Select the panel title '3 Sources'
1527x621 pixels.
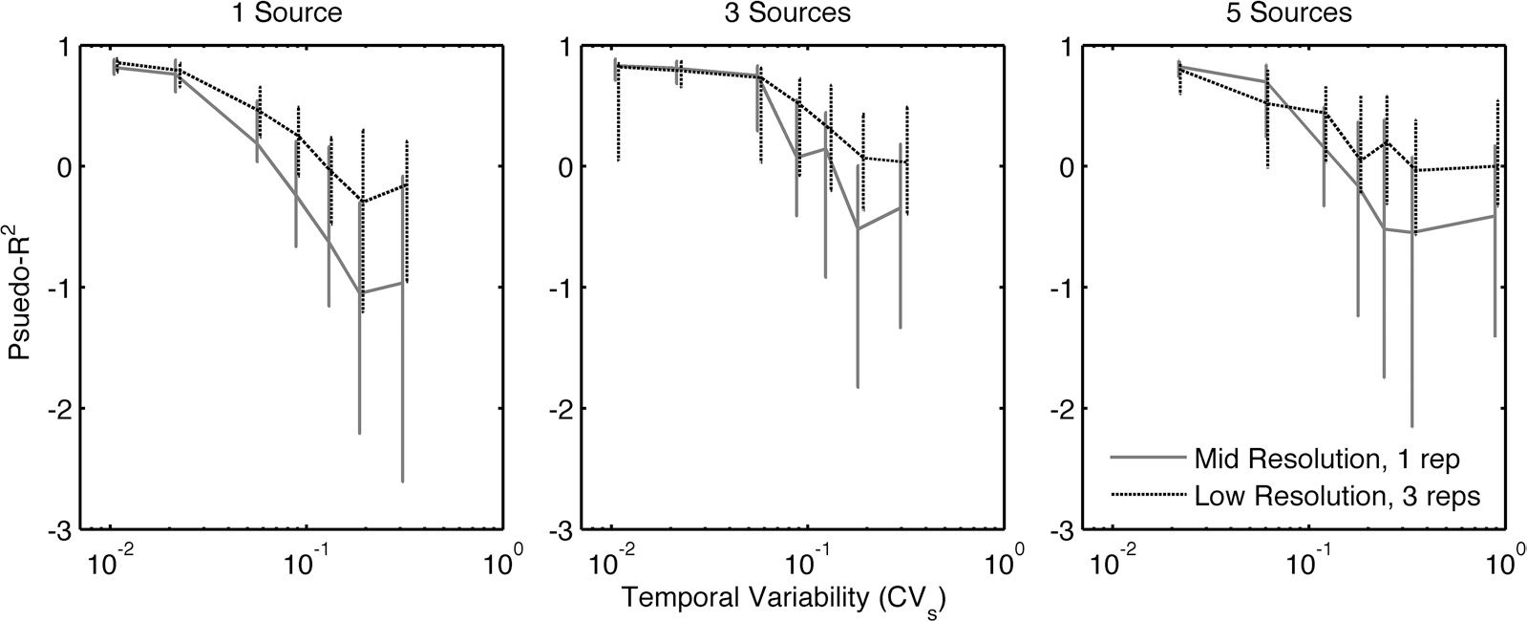pos(784,13)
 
